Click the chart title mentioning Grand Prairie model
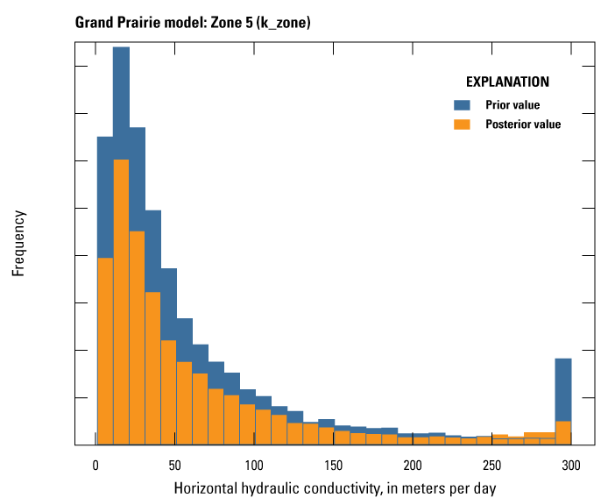[x=194, y=21]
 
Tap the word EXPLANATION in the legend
[x=507, y=82]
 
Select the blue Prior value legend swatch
[x=463, y=105]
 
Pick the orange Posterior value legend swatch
[x=463, y=125]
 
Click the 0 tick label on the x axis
[x=96, y=463]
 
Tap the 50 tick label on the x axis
[x=175, y=463]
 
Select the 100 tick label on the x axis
[x=255, y=463]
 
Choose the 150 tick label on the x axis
[x=334, y=463]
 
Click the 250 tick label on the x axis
[x=492, y=463]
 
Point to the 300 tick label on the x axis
[x=571, y=463]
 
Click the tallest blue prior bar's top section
[x=121, y=101]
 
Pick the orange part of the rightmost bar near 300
[x=563, y=433]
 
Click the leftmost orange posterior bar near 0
[x=105, y=351]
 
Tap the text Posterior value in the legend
[x=523, y=125]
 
